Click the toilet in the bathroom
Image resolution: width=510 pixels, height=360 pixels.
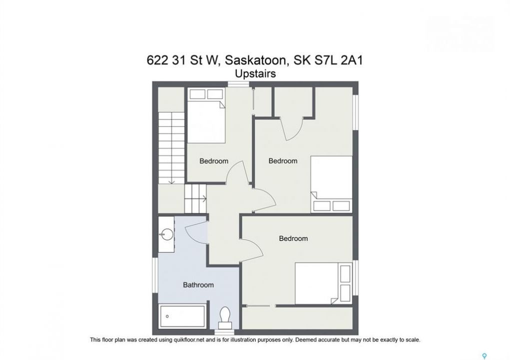point(225,318)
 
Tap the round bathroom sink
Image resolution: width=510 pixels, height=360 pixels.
point(167,234)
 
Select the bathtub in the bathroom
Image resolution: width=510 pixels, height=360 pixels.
point(183,316)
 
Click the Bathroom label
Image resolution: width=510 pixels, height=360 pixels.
point(198,285)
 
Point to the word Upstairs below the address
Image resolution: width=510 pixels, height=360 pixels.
point(255,74)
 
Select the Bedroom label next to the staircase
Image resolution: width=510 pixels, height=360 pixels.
point(214,161)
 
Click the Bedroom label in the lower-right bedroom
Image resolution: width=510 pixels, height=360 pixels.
point(293,238)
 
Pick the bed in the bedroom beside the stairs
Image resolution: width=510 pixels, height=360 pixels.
point(206,115)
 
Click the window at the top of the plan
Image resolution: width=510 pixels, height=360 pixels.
point(238,84)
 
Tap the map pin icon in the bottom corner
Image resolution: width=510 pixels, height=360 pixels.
point(484,356)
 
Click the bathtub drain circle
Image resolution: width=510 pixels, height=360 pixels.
point(167,316)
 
